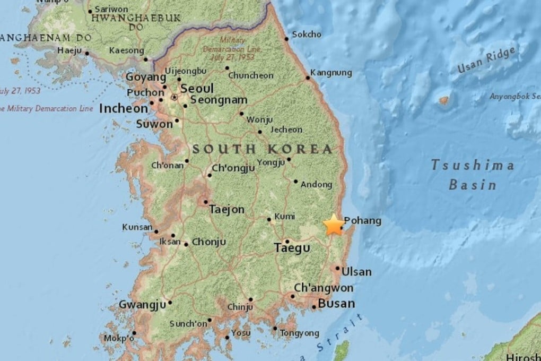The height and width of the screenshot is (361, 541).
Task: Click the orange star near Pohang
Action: coord(334,225)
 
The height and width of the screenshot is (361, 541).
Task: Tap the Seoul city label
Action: coord(197,88)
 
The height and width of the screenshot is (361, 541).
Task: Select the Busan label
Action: coord(336,304)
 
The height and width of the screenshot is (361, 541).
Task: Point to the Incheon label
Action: coord(124,108)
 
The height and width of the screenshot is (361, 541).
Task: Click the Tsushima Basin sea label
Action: coord(472,175)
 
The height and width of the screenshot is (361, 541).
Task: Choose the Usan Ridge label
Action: coord(487,60)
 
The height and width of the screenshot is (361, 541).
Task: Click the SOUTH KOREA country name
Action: coord(262,149)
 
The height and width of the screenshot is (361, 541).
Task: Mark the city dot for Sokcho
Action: coord(286,38)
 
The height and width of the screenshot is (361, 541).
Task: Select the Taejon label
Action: coord(227,210)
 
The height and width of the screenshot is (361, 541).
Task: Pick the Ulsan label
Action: coord(356,272)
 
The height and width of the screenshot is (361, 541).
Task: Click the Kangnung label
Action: coord(331,73)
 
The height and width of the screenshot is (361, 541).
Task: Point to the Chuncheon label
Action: coord(251,75)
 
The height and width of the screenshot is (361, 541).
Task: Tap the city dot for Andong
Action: coord(296,181)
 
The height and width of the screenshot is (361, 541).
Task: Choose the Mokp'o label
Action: coord(119,338)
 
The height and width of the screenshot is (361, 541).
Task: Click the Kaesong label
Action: coord(126,50)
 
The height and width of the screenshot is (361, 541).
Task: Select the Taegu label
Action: coord(292,247)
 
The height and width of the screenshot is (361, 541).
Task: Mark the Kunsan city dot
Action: coord(156,231)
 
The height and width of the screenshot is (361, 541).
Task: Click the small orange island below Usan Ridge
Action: coord(444,100)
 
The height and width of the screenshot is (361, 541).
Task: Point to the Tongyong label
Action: coord(300,333)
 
